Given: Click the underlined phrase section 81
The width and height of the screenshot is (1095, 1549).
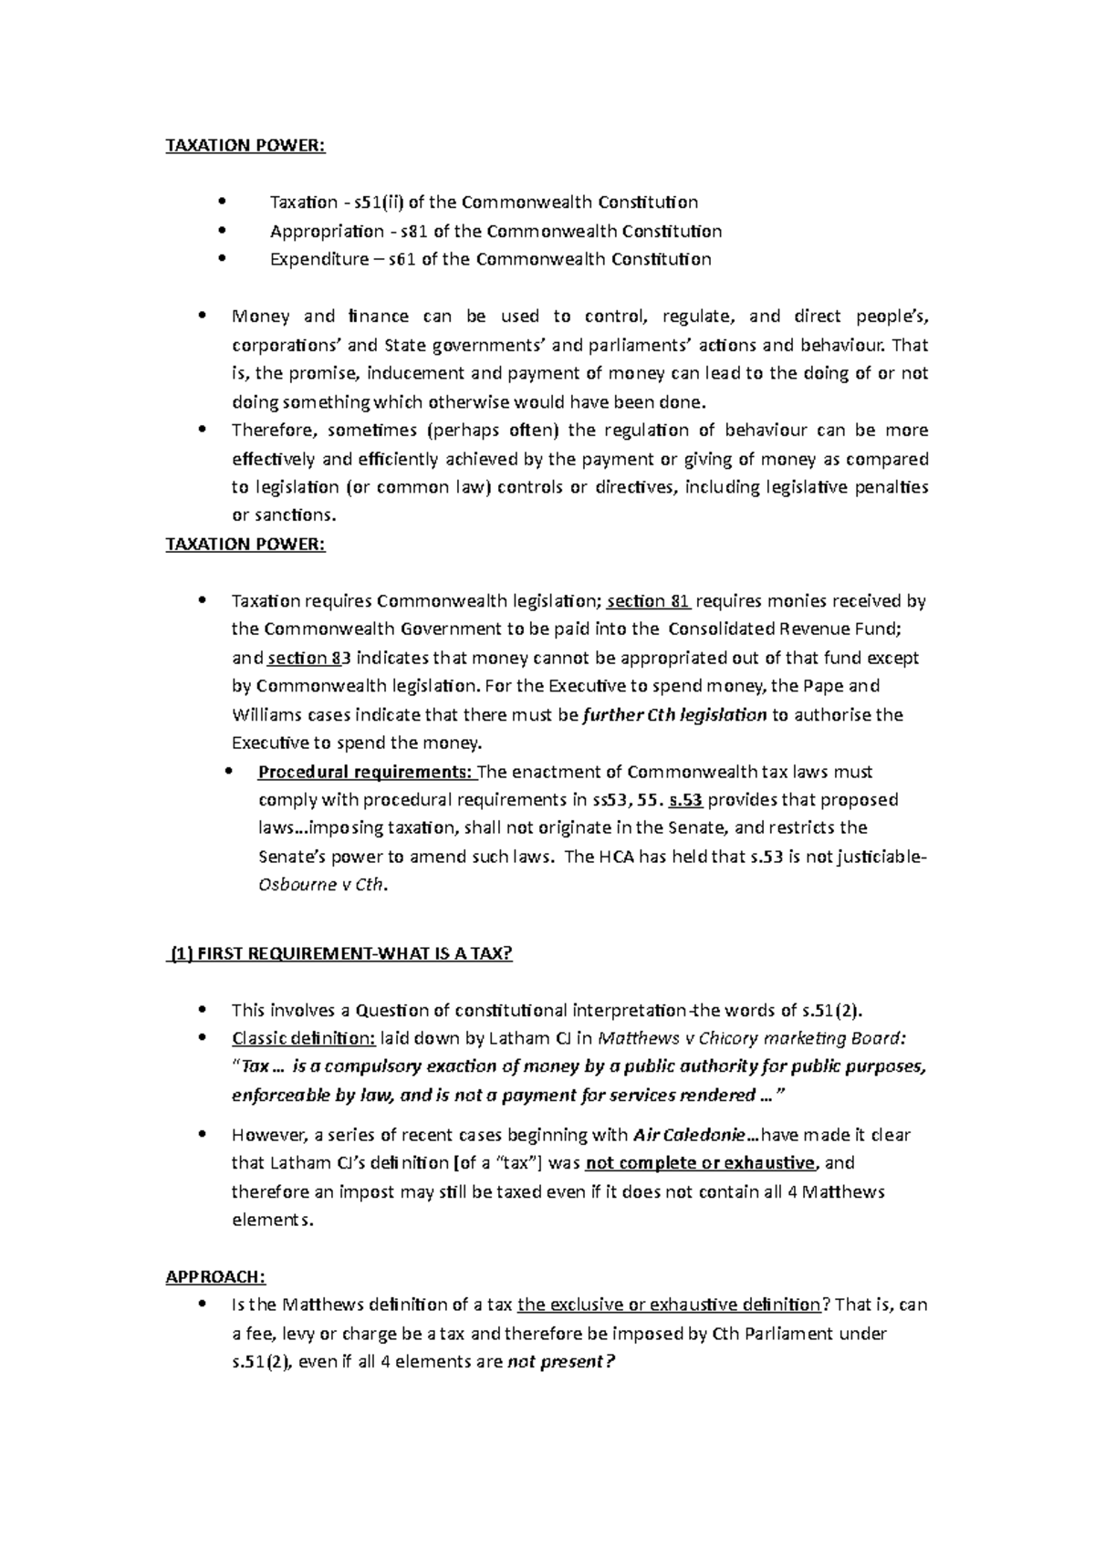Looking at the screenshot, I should click(x=648, y=601).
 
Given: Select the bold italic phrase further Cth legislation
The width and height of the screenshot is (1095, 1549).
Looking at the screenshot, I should click(x=674, y=715).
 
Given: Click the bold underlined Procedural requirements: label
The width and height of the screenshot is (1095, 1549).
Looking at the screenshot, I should click(x=366, y=772).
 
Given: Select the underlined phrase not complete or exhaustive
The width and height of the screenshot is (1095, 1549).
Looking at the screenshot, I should click(x=700, y=1163).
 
